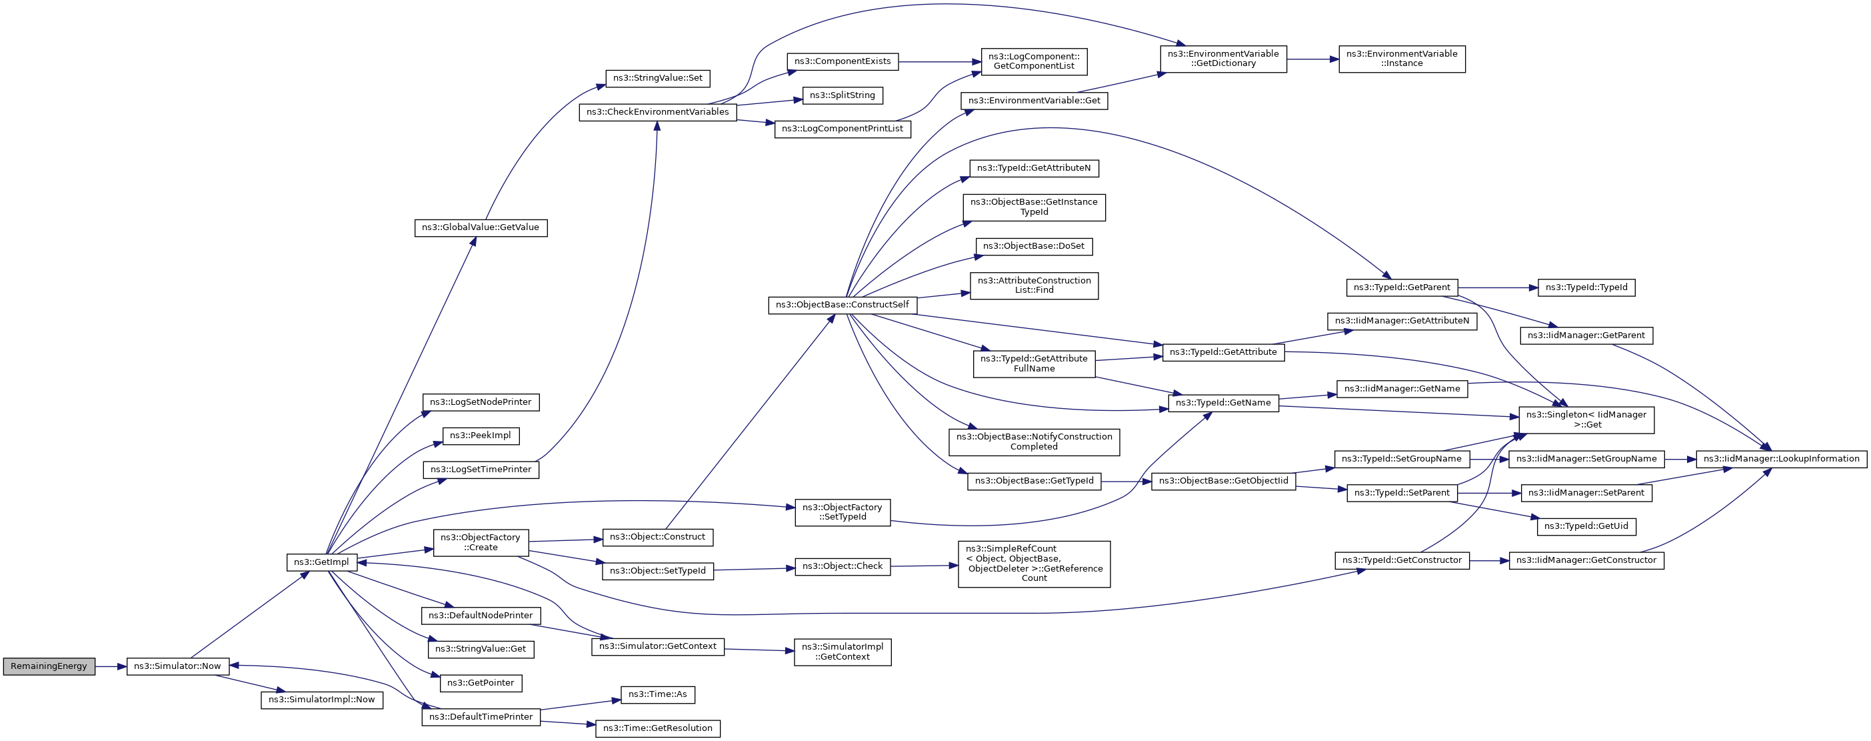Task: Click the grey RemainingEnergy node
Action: [x=49, y=666]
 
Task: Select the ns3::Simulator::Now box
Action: [x=178, y=666]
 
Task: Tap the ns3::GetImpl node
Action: [x=321, y=562]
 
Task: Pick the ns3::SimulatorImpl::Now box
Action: [x=322, y=700]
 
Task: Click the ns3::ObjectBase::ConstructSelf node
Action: [x=843, y=305]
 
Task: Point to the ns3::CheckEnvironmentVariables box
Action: [x=657, y=112]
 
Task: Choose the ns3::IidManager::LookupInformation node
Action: [x=1781, y=459]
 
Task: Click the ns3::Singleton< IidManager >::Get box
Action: [x=1586, y=420]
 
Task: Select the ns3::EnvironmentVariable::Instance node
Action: [x=1402, y=59]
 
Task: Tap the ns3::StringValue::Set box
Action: [x=657, y=79]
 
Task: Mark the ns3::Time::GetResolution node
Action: [x=657, y=728]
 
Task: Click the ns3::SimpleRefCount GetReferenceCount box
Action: [x=1034, y=564]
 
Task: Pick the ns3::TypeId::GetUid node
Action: [x=1586, y=526]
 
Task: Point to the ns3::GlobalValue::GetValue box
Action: [x=481, y=227]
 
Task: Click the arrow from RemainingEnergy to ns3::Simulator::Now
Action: [x=111, y=666]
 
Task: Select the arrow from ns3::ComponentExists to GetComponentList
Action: [x=940, y=62]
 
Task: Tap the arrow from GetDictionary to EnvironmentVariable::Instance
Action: [x=1312, y=59]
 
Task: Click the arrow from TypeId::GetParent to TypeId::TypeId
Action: [x=1498, y=287]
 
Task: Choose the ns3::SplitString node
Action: [x=843, y=95]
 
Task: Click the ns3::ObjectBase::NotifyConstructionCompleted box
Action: [x=1034, y=442]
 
